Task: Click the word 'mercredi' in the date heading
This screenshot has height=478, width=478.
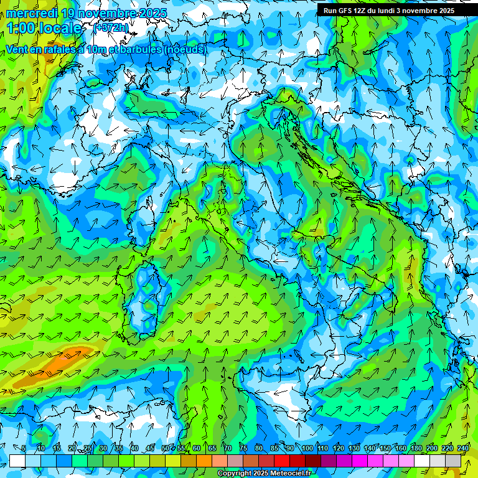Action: [27, 12]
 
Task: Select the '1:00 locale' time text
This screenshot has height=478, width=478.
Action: [45, 28]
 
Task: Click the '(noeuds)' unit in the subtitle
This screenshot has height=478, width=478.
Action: [186, 49]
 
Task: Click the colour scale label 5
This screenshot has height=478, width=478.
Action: [24, 448]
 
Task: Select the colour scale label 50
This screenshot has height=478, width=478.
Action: [165, 448]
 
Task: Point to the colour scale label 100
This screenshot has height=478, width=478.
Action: [307, 448]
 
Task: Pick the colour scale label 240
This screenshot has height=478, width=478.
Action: [463, 448]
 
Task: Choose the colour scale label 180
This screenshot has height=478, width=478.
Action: [416, 448]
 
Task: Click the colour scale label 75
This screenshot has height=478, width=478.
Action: [243, 448]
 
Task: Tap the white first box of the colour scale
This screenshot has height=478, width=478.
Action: [17, 461]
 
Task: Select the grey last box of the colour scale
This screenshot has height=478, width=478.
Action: [453, 461]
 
